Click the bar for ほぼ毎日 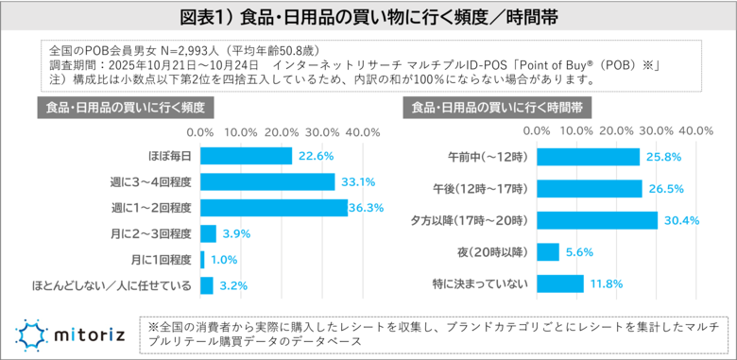pyautogui.click(x=247, y=156)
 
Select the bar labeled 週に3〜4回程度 pyautogui.click(x=268, y=181)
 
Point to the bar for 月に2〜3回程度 pyautogui.click(x=209, y=233)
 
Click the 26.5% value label pyautogui.click(x=666, y=188)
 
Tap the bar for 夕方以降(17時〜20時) pyautogui.click(x=598, y=220)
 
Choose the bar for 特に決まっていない pyautogui.click(x=561, y=283)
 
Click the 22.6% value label pyautogui.click(x=318, y=156)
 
